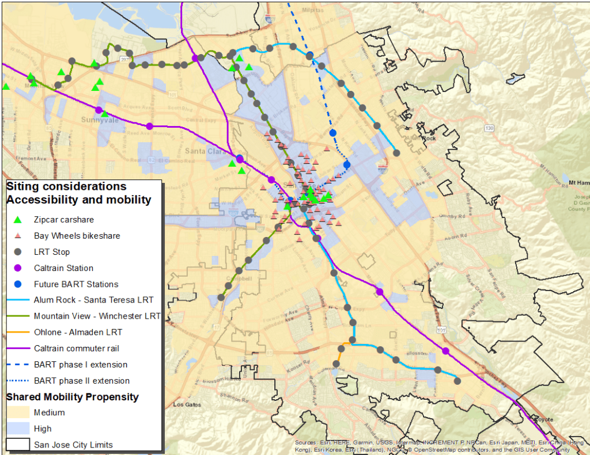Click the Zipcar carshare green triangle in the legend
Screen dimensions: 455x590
pos(18,220)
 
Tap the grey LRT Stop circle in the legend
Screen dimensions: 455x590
pos(18,252)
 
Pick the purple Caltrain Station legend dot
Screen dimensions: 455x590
pos(18,268)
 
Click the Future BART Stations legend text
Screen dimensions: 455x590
pos(76,284)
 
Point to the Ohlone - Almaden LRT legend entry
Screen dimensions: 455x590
pos(78,332)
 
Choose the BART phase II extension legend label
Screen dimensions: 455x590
pos(81,380)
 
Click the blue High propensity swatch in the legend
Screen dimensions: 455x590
pos(18,429)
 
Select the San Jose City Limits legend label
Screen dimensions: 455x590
pos(73,444)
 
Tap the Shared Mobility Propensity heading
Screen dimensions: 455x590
pos(72,397)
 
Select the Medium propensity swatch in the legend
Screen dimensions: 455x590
pos(18,412)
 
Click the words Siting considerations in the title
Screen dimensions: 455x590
pos(66,186)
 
